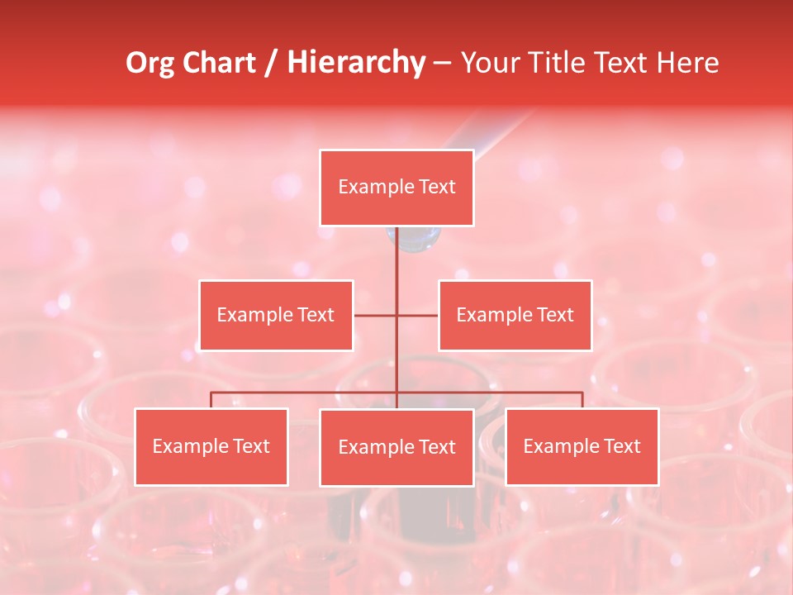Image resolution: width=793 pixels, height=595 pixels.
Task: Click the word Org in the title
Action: pos(151,63)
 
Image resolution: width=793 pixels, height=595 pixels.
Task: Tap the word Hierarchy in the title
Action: pos(355,63)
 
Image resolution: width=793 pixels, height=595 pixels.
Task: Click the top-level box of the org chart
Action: pos(396,188)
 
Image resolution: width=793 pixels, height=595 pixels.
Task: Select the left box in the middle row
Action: pos(276,315)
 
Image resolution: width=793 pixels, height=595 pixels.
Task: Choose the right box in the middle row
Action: pos(515,315)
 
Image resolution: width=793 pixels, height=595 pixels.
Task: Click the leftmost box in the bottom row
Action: pos(211,446)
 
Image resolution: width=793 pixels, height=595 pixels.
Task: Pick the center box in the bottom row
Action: pos(396,447)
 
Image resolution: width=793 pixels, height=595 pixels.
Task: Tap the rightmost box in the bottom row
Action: pos(582,446)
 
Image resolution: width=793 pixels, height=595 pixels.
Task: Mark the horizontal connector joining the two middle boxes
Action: pos(417,315)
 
